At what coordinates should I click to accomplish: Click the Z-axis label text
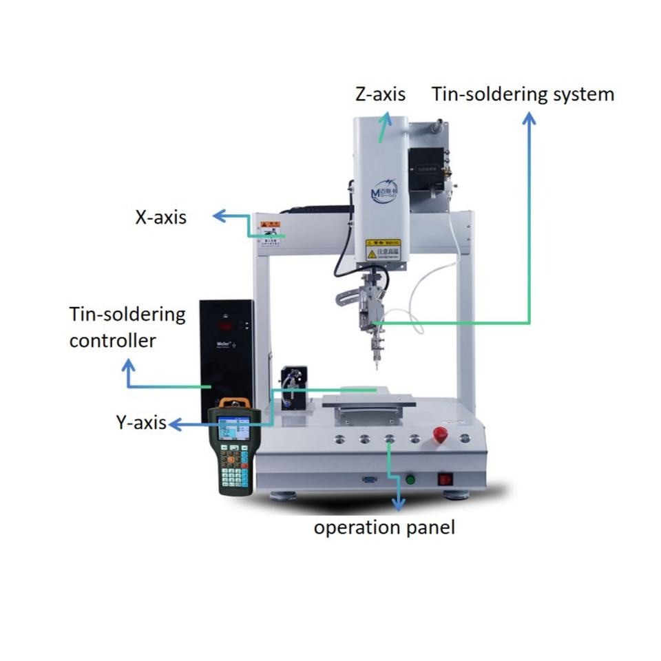[x=380, y=94]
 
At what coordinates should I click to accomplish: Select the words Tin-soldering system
[x=523, y=94]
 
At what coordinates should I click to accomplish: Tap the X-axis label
[x=160, y=218]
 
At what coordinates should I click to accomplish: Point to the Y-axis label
[x=141, y=423]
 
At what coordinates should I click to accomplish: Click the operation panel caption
[x=384, y=528]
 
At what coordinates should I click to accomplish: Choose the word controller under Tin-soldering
[x=112, y=340]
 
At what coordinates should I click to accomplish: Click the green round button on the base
[x=411, y=479]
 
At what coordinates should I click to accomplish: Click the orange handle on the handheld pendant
[x=233, y=402]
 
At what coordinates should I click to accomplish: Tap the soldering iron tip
[x=377, y=364]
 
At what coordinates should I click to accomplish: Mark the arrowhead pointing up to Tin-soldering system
[x=529, y=118]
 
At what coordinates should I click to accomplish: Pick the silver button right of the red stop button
[x=465, y=438]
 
